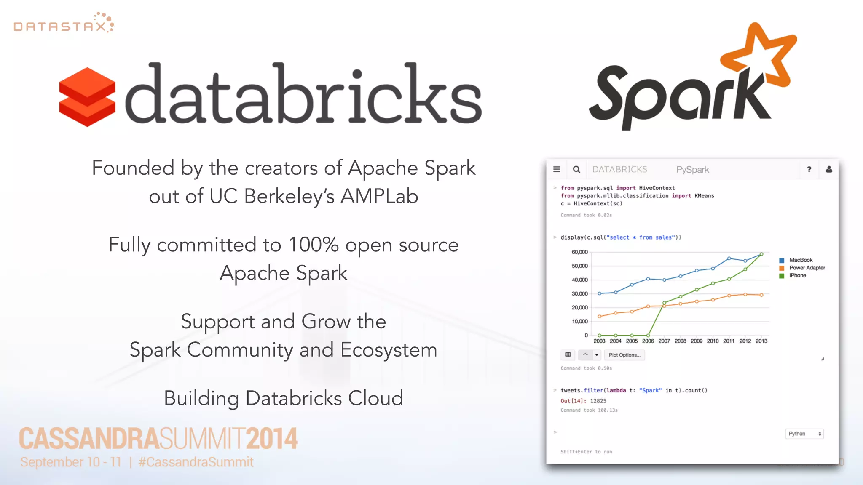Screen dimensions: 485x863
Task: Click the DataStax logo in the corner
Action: [x=64, y=23]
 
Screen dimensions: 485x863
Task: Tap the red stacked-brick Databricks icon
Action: [x=87, y=97]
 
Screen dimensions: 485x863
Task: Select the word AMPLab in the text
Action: [x=379, y=196]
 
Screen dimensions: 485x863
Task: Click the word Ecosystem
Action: [x=389, y=350]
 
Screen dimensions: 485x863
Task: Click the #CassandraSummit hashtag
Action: [x=196, y=462]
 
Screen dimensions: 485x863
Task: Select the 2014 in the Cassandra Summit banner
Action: [x=272, y=439]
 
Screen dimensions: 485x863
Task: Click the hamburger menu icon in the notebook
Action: [x=557, y=169]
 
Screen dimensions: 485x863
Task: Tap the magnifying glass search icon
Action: [x=576, y=169]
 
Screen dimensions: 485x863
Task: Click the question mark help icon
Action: [x=809, y=169]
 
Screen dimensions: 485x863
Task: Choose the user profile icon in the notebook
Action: [x=829, y=169]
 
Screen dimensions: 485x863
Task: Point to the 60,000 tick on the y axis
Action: [x=579, y=252]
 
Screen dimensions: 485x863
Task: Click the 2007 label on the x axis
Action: [x=664, y=341]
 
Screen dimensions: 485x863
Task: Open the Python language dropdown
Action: [x=804, y=434]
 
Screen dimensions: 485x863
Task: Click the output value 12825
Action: [x=598, y=401]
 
